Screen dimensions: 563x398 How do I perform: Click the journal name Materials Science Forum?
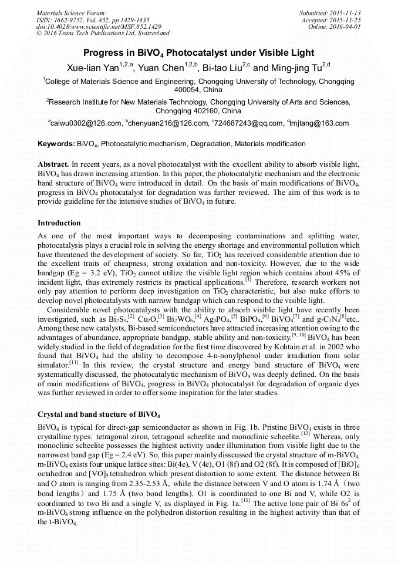(x=70, y=13)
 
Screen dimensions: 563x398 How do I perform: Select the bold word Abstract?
(x=53, y=162)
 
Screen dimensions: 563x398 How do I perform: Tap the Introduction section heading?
(x=59, y=223)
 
